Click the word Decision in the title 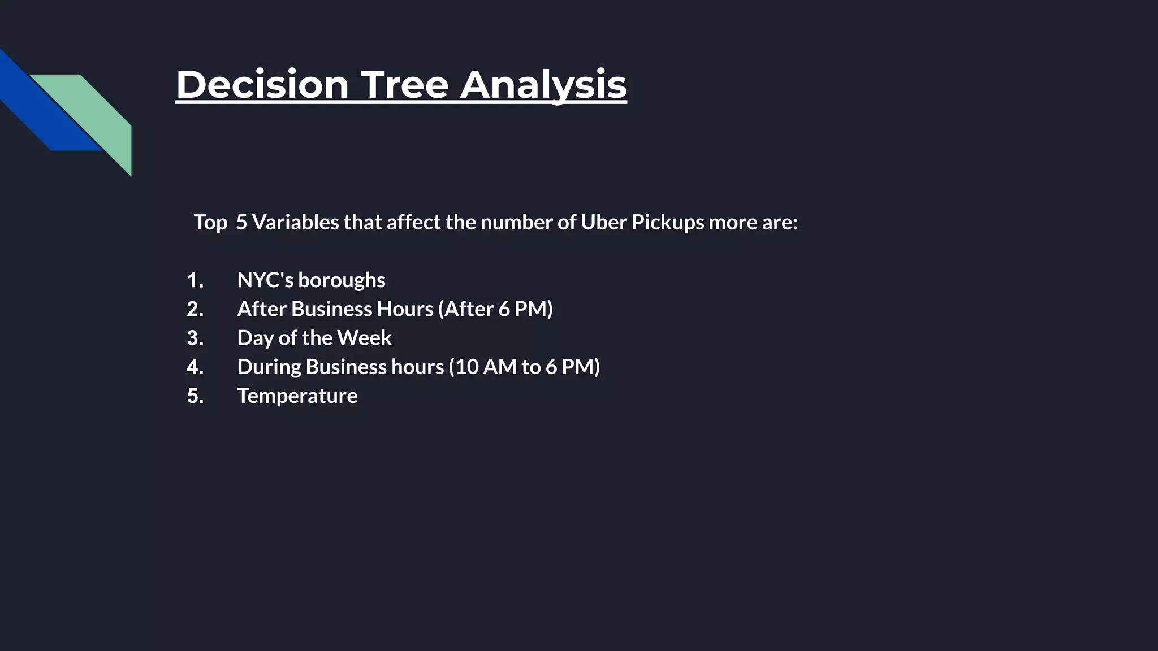pyautogui.click(x=262, y=85)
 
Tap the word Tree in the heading pyautogui.click(x=404, y=85)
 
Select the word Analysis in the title pyautogui.click(x=543, y=85)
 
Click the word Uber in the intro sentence pyautogui.click(x=603, y=222)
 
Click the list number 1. pyautogui.click(x=195, y=280)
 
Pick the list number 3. pyautogui.click(x=195, y=338)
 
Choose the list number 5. pyautogui.click(x=195, y=396)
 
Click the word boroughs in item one pyautogui.click(x=342, y=280)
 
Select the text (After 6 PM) pyautogui.click(x=495, y=309)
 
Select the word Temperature pyautogui.click(x=297, y=396)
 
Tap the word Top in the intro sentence pyautogui.click(x=210, y=222)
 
